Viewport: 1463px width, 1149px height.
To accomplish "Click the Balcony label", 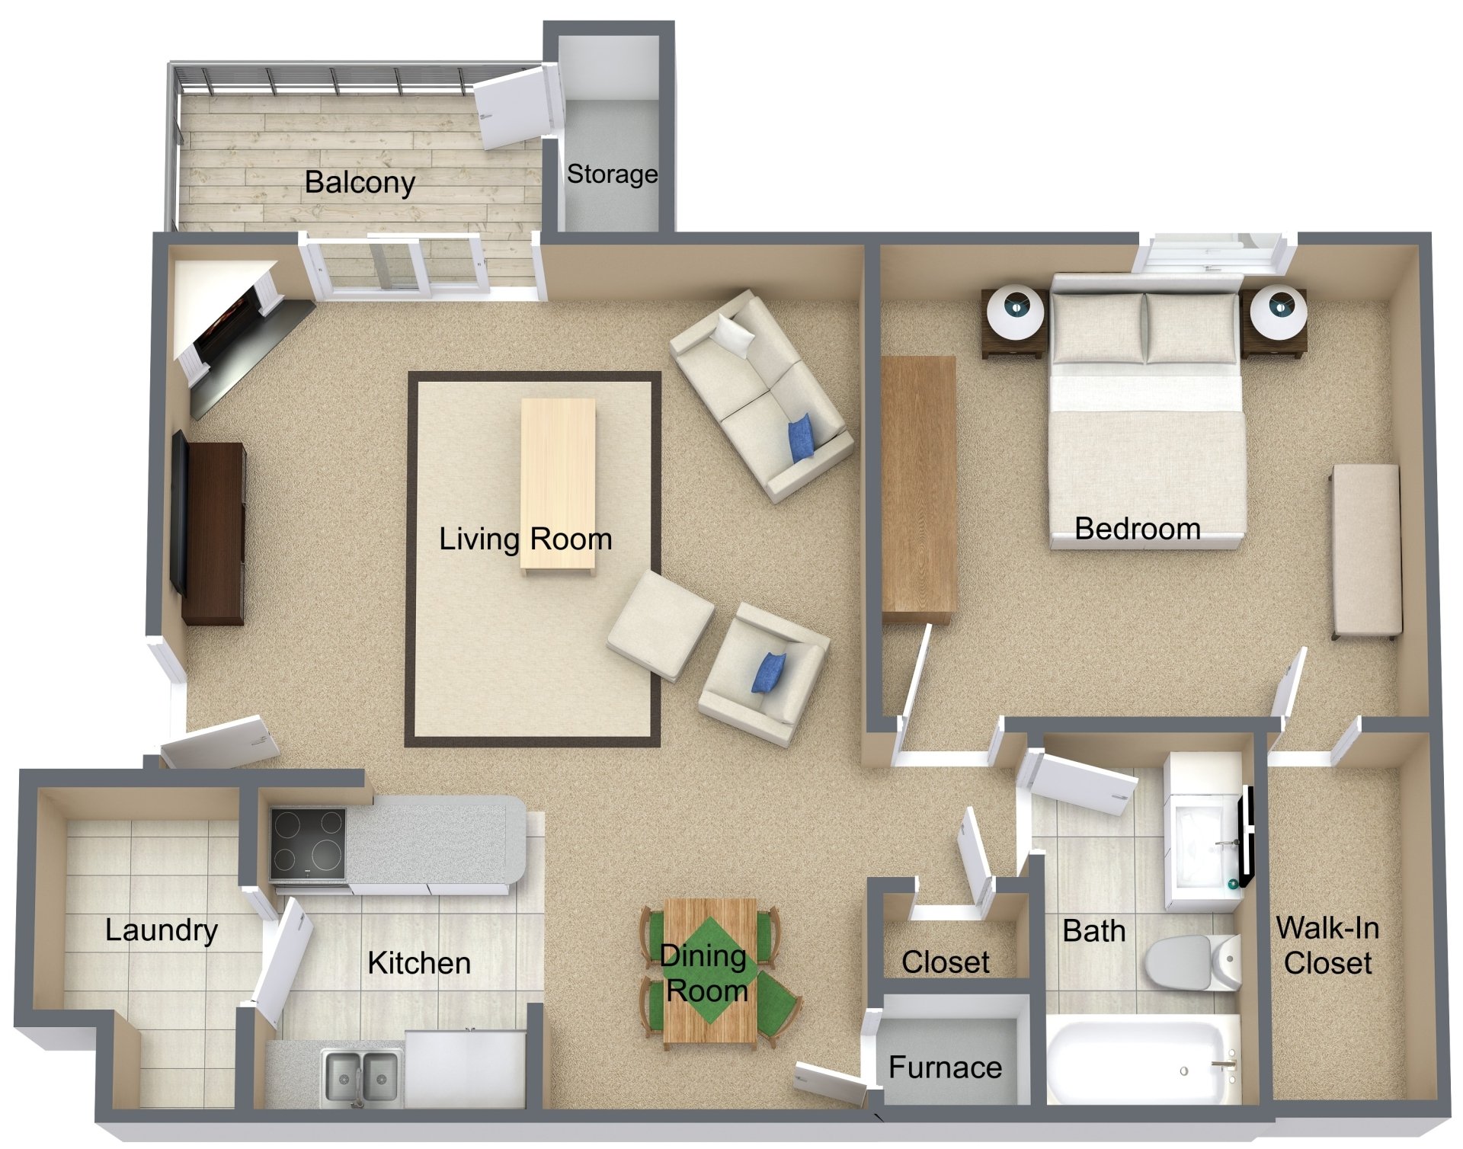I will [x=360, y=183].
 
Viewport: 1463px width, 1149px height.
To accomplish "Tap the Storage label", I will [x=612, y=174].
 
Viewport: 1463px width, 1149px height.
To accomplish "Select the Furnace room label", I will [x=945, y=1067].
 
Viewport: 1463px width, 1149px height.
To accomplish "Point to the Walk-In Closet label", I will [x=1327, y=946].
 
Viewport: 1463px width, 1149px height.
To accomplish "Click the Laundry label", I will [x=162, y=930].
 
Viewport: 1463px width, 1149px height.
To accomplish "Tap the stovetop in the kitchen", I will [x=308, y=841].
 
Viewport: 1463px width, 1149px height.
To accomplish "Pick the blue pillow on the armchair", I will [x=768, y=674].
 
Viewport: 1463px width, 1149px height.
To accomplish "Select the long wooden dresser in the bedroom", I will [x=918, y=488].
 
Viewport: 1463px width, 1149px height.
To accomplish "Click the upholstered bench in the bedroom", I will [x=1366, y=550].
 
